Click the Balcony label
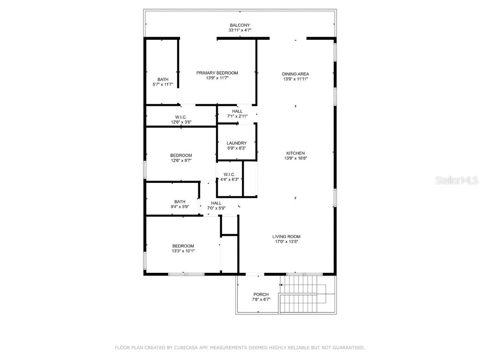[x=240, y=25]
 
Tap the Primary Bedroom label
[x=217, y=73]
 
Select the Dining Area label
[x=295, y=74]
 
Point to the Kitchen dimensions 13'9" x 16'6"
[x=295, y=158]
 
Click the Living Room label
[x=286, y=237]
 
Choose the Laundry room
[x=236, y=143]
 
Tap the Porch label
[x=261, y=294]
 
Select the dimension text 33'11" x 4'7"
[x=240, y=30]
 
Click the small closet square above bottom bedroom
[x=230, y=225]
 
